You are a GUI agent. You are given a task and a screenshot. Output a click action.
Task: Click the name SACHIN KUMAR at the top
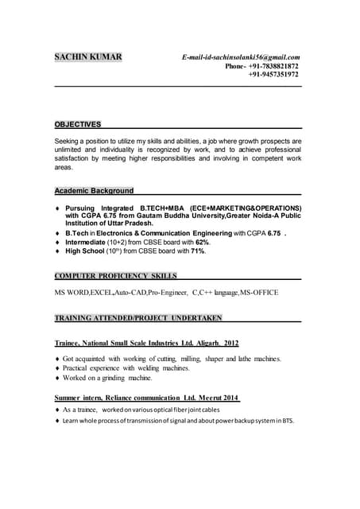coord(87,57)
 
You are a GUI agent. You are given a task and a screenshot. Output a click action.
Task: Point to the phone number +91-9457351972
coord(273,75)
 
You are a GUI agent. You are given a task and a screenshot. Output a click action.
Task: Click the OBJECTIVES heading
coord(77,125)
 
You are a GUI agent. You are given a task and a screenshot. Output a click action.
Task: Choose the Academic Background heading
coord(94,191)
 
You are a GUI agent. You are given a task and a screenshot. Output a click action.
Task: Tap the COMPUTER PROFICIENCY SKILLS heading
coord(115,276)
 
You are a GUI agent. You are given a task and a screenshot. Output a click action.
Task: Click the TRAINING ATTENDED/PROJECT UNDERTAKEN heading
coord(137,318)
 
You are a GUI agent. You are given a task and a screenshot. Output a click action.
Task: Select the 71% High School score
coord(197,251)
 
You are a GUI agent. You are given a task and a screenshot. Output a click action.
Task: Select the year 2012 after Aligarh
coord(230,343)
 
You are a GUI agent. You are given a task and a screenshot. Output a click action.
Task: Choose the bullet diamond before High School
coord(57,251)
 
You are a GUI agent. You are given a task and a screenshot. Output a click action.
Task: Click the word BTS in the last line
coord(286,421)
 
